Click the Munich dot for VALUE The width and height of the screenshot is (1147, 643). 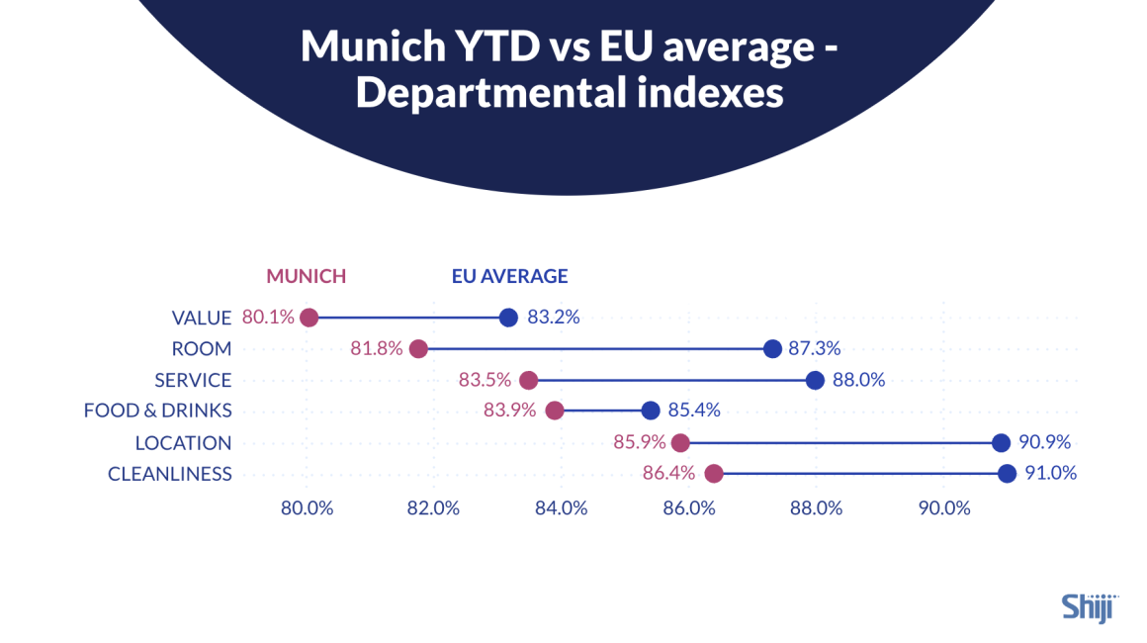[309, 318]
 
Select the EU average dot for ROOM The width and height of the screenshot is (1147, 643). [772, 349]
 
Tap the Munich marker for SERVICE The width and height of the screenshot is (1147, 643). [529, 381]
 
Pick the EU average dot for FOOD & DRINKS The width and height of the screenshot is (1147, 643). [650, 411]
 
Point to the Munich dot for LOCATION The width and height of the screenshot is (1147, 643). [680, 442]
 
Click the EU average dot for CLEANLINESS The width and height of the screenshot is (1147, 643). [1007, 474]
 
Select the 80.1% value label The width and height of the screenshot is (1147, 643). [268, 318]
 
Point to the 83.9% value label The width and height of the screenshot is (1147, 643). [509, 411]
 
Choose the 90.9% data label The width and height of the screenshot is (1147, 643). [1044, 442]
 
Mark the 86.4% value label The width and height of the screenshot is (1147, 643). [668, 474]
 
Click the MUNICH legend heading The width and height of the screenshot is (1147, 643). [306, 276]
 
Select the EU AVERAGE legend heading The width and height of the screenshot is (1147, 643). [509, 276]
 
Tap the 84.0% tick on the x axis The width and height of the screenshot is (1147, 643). [561, 508]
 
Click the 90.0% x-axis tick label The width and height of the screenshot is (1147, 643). [943, 508]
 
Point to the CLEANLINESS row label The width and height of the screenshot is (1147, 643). [169, 474]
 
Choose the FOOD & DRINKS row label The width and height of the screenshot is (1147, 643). [157, 411]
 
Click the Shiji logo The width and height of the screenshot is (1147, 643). [1088, 606]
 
